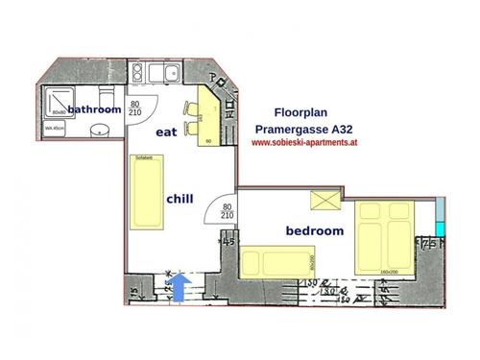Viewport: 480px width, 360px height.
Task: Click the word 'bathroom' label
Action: [x=94, y=110]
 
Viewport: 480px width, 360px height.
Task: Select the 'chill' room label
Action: [x=180, y=199]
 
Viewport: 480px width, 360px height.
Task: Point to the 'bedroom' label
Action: [x=315, y=231]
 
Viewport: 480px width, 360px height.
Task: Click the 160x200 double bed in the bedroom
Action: [x=383, y=237]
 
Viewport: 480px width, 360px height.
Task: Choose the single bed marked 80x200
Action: [x=278, y=261]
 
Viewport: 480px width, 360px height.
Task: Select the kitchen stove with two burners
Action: [x=139, y=71]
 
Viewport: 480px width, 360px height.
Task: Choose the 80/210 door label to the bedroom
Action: [x=228, y=211]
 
